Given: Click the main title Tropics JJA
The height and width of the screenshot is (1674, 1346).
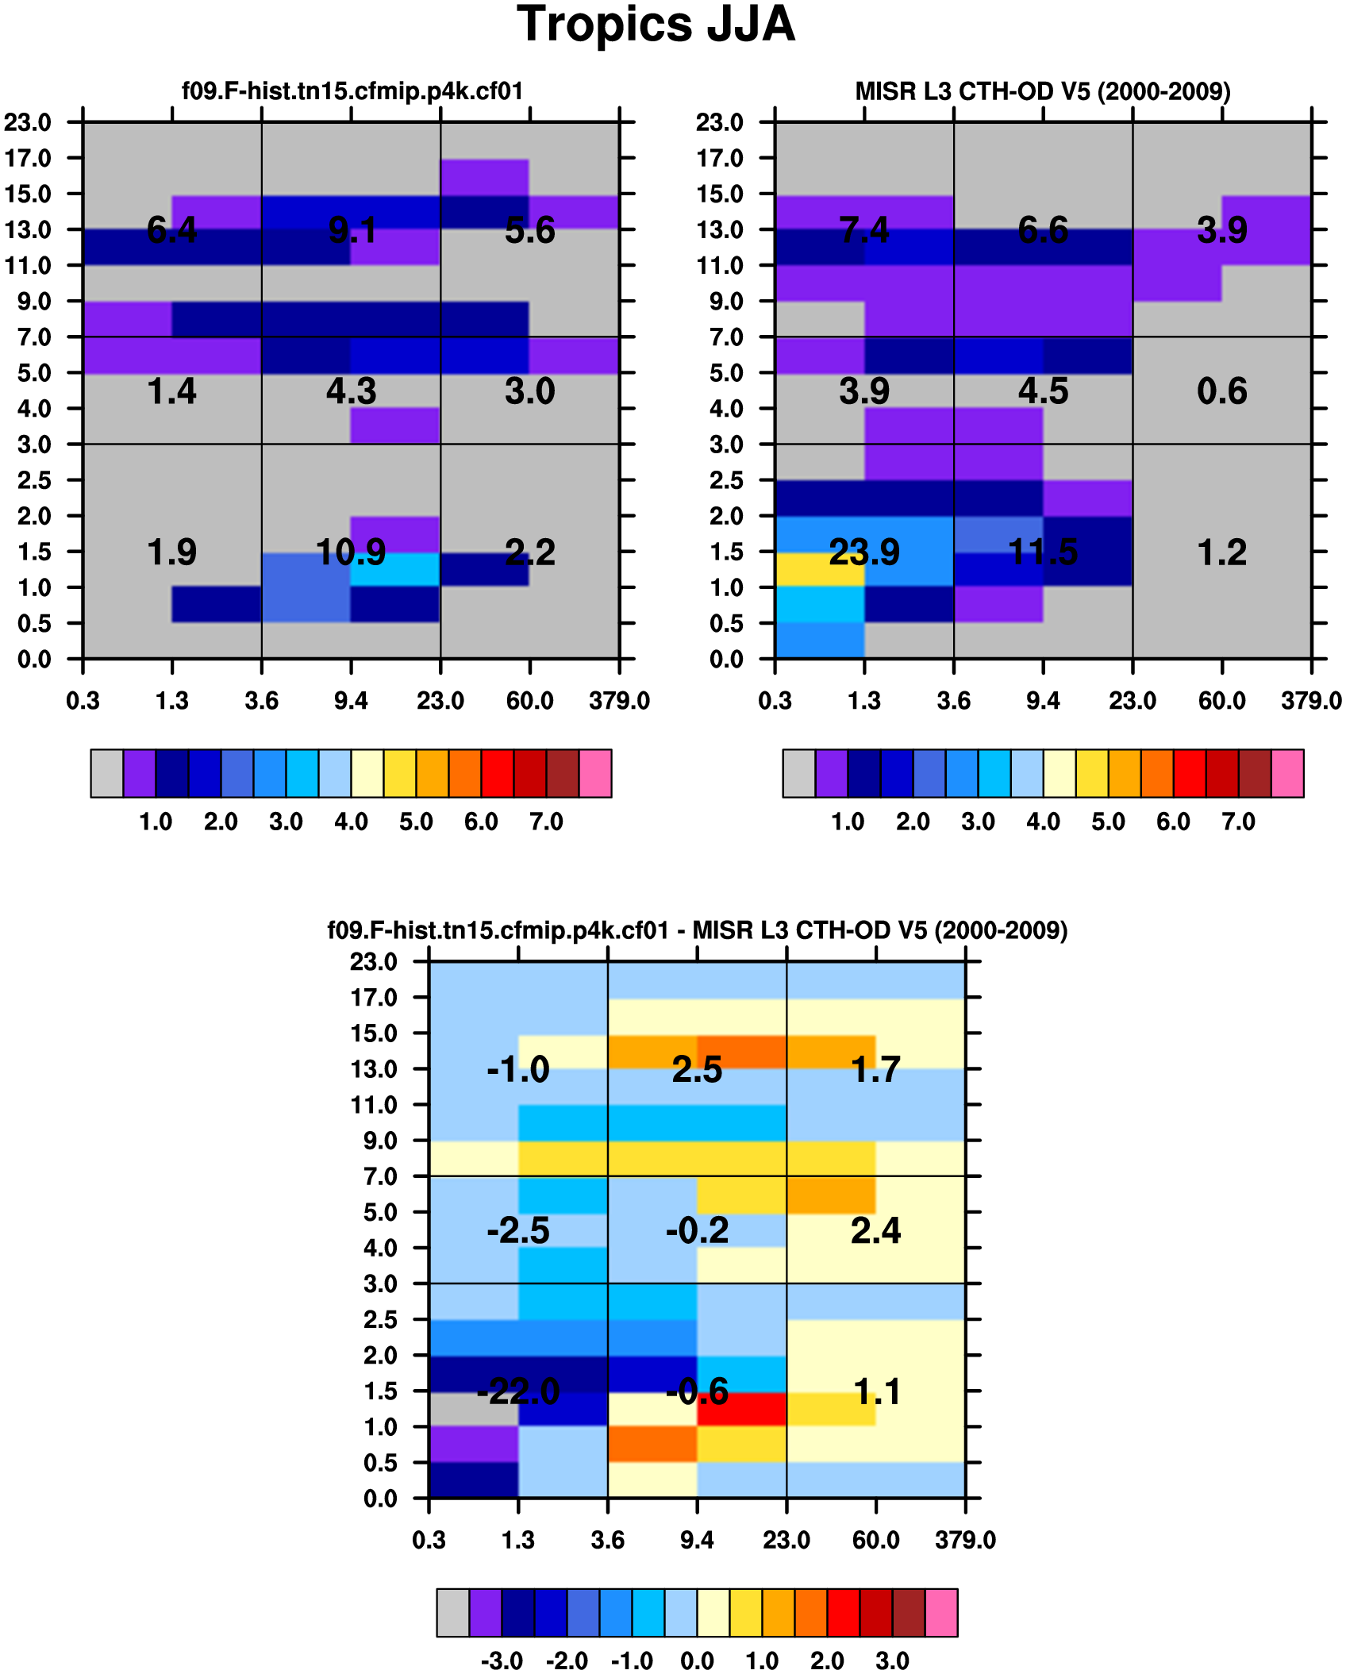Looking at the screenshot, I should coord(656,25).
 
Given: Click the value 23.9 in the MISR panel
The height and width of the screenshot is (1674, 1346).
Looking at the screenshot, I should coord(864,552).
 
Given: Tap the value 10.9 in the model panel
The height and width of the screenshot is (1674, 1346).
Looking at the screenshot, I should coord(351,552).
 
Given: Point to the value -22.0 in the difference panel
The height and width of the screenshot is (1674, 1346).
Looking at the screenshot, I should coord(518,1391).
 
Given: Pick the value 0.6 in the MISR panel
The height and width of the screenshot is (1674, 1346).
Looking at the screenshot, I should coord(1222,391).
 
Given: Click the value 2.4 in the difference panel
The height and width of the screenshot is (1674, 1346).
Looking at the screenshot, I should coord(875,1230).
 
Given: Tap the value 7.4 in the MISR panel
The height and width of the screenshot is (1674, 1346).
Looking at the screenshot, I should coord(864,231).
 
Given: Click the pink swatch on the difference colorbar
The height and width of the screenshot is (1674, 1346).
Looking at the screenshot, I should coord(941,1612).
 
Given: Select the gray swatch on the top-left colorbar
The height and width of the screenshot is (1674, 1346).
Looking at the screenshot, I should coord(107,773).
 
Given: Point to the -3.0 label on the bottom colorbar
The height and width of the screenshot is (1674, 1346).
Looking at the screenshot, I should coord(502,1661).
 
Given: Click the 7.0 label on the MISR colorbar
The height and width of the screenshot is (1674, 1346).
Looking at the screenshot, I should coord(1238,822).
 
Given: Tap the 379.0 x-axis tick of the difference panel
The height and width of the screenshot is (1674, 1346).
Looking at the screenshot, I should coord(965,1541).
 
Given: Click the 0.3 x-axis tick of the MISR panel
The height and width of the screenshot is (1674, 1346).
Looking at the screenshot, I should coord(775,701).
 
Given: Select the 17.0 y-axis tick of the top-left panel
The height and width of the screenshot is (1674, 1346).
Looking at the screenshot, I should coord(28,159).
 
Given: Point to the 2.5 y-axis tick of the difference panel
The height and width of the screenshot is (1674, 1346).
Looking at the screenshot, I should coord(380,1320).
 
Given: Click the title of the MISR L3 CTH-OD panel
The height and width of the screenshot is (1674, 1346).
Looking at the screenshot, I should coord(1043,91).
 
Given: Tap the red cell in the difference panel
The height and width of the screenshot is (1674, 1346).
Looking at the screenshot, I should coord(742,1409).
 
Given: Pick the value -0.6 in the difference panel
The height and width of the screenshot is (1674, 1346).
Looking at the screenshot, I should coord(697,1391).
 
